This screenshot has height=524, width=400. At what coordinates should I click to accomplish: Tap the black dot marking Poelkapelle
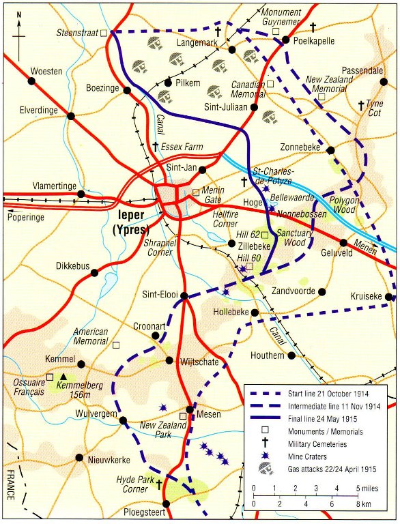click(287, 41)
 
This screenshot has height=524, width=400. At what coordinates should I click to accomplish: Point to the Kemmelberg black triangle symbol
click(63, 377)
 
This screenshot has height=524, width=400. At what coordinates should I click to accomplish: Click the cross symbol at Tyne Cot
click(361, 106)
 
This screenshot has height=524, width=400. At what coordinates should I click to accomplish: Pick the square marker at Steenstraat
click(104, 32)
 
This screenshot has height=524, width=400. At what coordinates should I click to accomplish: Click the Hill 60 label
click(249, 257)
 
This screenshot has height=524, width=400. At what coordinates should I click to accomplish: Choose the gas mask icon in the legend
click(262, 469)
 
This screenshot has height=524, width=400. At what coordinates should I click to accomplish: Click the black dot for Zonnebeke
click(330, 150)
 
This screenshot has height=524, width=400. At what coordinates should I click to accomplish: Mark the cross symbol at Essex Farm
click(156, 147)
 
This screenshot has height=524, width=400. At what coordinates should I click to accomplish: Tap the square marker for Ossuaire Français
click(49, 376)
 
